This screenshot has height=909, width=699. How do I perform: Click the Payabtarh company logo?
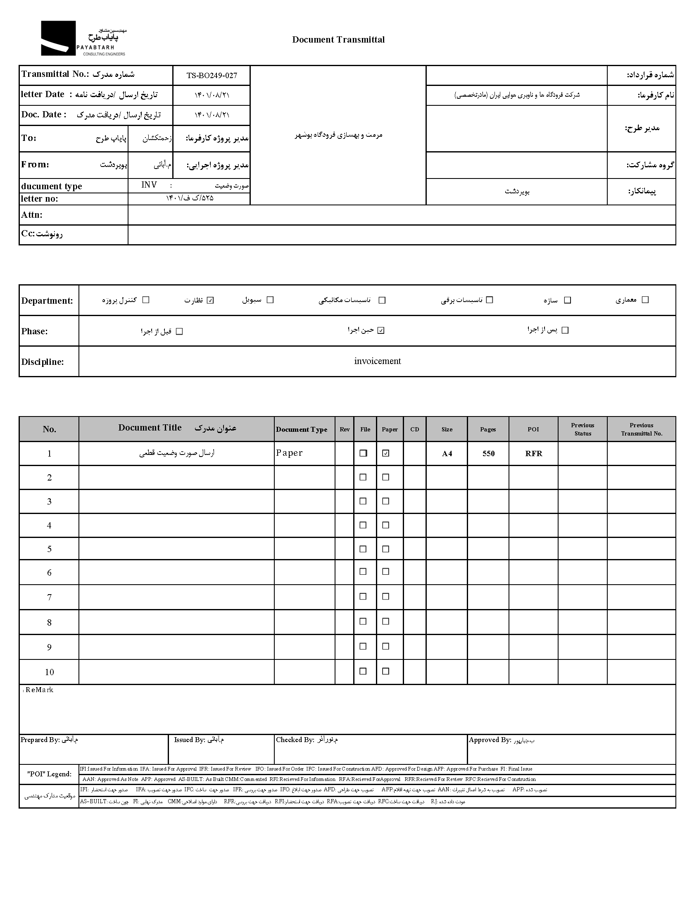tap(83, 38)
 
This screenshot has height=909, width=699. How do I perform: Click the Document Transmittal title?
tap(338, 40)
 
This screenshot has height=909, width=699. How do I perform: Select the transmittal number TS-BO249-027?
tap(212, 75)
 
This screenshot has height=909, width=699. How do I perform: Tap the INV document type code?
tap(149, 185)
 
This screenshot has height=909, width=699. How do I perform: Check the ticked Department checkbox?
tap(210, 300)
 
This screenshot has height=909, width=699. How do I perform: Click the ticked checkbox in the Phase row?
tap(381, 331)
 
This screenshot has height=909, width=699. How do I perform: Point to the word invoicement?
tap(377, 361)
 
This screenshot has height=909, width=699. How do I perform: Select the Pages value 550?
tap(488, 453)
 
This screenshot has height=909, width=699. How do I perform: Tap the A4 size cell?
tap(447, 453)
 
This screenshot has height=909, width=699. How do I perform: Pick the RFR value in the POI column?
tap(533, 453)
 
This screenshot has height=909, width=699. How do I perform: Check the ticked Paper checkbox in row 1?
tap(386, 453)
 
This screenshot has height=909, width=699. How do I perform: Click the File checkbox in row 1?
tap(363, 453)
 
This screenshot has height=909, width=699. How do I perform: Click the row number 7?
tap(49, 597)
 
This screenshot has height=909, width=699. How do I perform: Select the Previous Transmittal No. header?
tap(641, 429)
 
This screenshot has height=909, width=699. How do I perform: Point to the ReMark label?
tap(39, 690)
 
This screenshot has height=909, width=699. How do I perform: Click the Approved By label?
tap(490, 740)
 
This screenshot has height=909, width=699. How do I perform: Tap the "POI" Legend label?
tap(49, 774)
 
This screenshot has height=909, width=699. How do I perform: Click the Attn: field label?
tap(32, 215)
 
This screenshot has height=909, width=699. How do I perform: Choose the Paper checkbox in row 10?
tap(386, 671)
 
